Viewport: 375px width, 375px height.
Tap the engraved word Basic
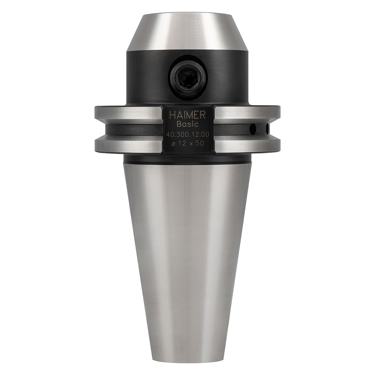coord(187,124)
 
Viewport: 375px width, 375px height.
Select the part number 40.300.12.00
coord(187,134)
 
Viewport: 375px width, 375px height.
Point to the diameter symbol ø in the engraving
coord(173,144)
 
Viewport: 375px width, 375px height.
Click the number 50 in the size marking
coord(200,144)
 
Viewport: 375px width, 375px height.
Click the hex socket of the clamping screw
coord(188,78)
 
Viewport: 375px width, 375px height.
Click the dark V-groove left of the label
coord(132,129)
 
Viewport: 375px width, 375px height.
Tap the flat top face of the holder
coord(187,14)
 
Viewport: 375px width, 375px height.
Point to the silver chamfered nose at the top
coord(187,32)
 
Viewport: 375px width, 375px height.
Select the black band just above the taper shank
coord(187,159)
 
